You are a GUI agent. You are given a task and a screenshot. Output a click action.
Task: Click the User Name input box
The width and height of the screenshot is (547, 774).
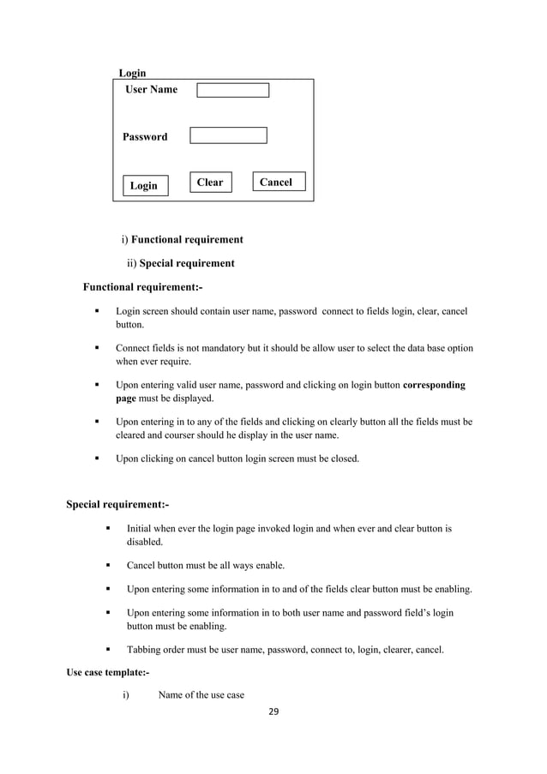click(232, 90)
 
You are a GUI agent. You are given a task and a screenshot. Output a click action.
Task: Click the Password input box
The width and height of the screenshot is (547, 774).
click(228, 135)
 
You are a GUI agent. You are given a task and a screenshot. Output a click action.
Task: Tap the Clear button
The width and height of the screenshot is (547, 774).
click(210, 183)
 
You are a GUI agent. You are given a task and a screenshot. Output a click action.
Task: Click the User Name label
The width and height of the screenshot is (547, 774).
click(152, 90)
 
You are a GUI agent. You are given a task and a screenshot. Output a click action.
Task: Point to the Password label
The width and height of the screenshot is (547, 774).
click(145, 137)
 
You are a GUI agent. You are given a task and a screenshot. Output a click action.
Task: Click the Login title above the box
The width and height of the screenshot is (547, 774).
click(132, 74)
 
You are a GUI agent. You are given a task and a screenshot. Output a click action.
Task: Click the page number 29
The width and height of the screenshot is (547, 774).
click(273, 711)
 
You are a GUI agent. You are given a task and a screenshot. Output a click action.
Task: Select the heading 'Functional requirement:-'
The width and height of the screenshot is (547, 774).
click(142, 286)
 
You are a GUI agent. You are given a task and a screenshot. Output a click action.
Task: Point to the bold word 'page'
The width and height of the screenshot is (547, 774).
click(128, 399)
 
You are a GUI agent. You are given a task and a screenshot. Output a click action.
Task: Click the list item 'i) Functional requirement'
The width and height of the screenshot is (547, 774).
click(182, 240)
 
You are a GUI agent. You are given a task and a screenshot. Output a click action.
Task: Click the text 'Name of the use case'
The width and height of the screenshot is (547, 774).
click(201, 694)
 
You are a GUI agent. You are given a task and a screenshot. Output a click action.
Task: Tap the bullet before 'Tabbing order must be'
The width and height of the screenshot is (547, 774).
click(108, 650)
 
